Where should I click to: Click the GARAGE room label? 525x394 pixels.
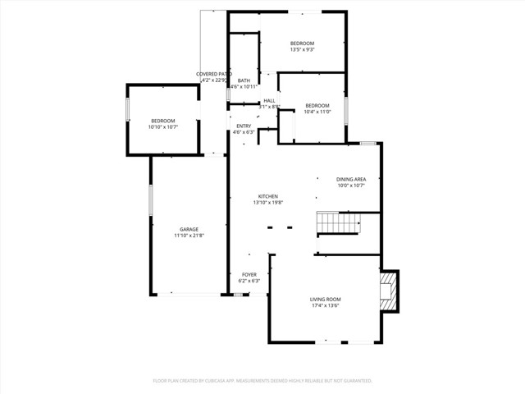tap(189, 229)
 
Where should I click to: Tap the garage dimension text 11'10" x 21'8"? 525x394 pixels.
tap(189, 236)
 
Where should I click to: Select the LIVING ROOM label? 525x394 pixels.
tap(326, 300)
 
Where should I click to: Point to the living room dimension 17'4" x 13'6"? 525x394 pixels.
tap(326, 306)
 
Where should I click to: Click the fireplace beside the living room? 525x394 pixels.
tap(389, 291)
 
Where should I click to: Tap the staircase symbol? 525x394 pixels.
tap(338, 222)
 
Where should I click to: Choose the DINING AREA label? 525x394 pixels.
tap(351, 179)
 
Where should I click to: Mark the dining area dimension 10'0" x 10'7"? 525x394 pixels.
tap(351, 186)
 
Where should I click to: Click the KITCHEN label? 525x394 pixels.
tap(268, 196)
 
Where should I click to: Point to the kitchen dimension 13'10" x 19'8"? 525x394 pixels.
tap(268, 203)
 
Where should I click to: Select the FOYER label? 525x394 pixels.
tap(249, 274)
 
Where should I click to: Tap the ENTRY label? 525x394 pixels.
tap(244, 126)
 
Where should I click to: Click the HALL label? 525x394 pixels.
tap(269, 100)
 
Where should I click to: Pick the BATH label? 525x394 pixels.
tap(244, 80)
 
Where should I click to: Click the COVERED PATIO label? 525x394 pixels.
tap(208, 74)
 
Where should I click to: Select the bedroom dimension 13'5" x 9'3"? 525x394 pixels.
tap(303, 50)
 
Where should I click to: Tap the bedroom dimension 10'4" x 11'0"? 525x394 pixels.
tap(317, 112)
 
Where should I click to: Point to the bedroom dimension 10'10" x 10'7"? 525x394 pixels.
tap(163, 127)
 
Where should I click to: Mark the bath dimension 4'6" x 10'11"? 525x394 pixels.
tap(244, 87)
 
